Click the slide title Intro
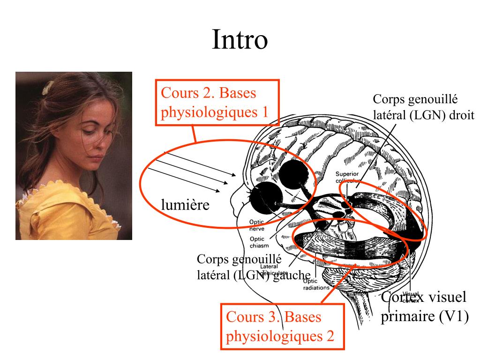(x=240, y=40)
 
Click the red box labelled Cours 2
(x=217, y=102)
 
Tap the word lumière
(x=185, y=205)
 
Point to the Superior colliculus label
(x=347, y=177)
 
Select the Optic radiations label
(x=316, y=285)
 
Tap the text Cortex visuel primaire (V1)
(x=424, y=307)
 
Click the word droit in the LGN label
(x=462, y=115)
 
